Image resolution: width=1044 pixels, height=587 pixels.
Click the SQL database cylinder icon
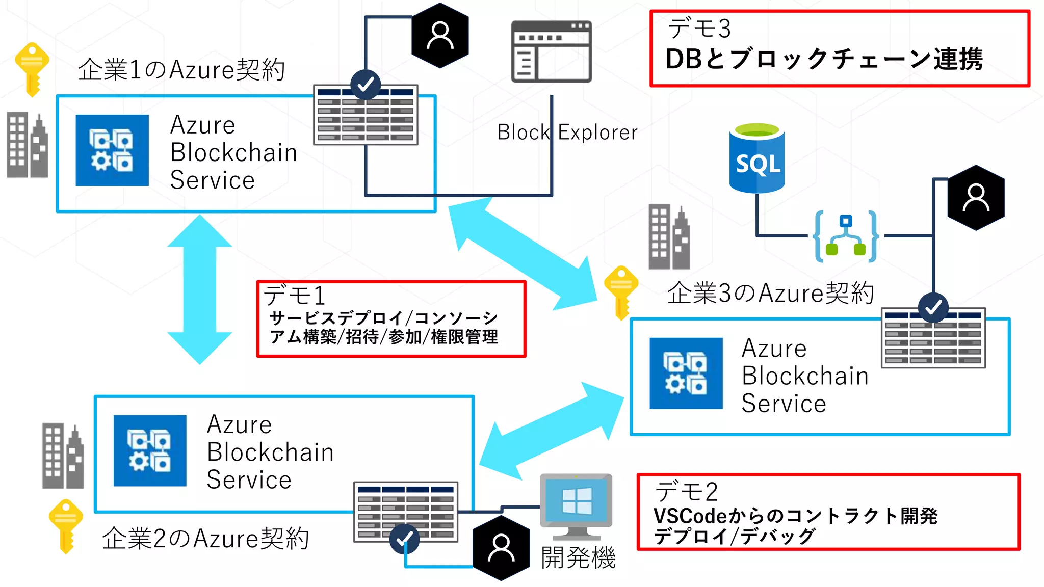(x=757, y=158)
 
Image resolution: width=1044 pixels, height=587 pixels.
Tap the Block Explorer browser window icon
(x=552, y=51)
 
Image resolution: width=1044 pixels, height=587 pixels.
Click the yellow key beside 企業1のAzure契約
(x=32, y=69)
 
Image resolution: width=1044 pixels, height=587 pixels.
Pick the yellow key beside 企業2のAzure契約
(x=66, y=525)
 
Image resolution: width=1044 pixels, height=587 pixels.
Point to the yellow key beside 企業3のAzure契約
(x=621, y=292)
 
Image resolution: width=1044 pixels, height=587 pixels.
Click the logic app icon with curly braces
(x=846, y=236)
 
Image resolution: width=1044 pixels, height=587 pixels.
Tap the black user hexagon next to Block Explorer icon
(x=440, y=36)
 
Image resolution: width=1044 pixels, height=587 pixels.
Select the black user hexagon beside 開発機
(x=501, y=548)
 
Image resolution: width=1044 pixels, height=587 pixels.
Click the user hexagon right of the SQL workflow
(x=976, y=198)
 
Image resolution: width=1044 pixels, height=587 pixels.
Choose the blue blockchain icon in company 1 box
(x=112, y=150)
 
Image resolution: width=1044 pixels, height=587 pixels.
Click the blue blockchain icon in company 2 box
(x=150, y=450)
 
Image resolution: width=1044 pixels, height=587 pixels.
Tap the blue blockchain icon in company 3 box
(x=686, y=373)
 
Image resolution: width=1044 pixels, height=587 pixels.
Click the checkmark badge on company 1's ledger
(x=366, y=85)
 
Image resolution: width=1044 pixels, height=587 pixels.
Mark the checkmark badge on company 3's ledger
(x=933, y=307)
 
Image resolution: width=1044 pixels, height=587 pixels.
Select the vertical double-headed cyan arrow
(x=200, y=289)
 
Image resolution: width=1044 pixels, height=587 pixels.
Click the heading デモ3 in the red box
(x=699, y=29)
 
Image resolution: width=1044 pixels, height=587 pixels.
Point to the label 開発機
(x=578, y=557)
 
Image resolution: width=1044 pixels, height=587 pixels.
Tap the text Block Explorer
(x=567, y=132)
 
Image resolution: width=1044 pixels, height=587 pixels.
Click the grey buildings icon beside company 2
(x=63, y=456)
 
